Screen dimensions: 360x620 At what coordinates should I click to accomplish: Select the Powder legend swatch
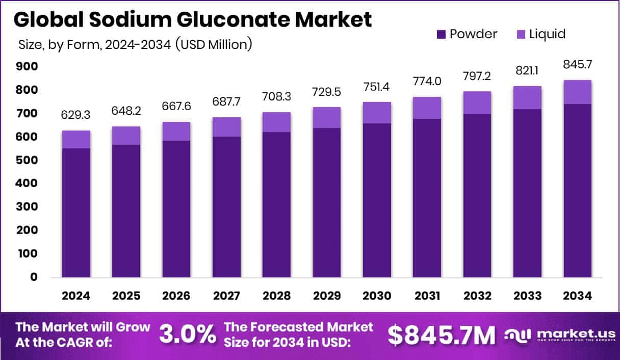tap(441, 35)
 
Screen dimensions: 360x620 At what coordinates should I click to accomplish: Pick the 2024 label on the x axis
tap(76, 296)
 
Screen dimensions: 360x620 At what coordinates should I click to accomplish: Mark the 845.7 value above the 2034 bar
tap(577, 65)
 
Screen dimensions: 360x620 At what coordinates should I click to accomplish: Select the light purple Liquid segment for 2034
tap(577, 92)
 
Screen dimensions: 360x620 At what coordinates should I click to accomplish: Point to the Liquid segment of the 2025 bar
tap(126, 136)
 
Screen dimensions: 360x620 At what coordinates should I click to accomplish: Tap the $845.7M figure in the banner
tap(441, 335)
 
